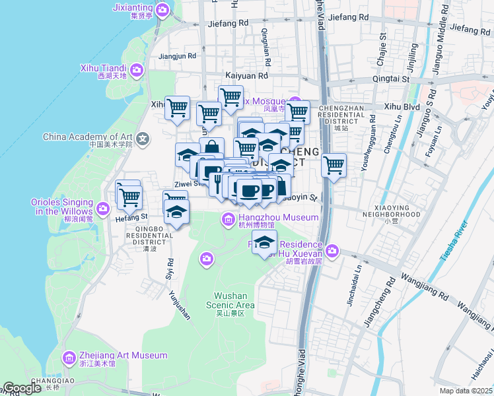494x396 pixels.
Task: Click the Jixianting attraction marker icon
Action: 163,9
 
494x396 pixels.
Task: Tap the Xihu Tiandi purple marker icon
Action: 137,69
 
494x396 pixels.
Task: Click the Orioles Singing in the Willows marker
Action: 103,209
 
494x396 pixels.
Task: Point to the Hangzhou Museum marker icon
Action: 228,218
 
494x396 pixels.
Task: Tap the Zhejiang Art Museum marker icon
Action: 69,358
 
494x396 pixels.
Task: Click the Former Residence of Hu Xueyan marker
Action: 332,251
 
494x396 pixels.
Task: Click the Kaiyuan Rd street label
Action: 246,76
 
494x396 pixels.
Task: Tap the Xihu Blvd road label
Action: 402,106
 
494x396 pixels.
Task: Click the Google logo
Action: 22,388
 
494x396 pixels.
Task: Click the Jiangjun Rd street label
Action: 178,56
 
